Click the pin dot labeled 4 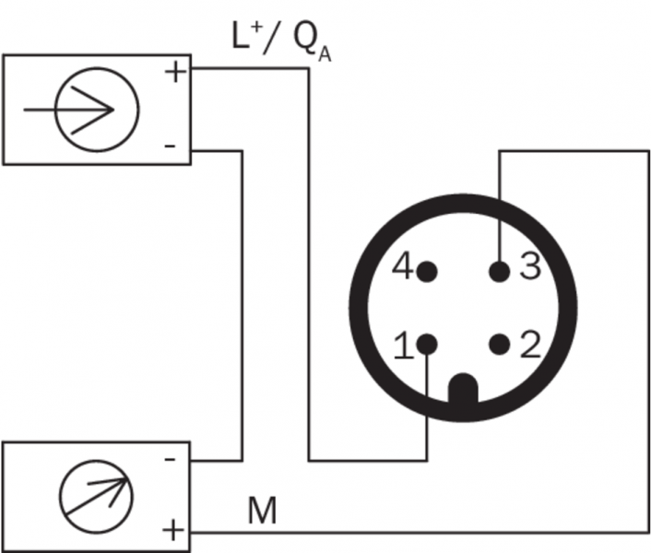[x=426, y=271]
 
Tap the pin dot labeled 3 [x=499, y=271]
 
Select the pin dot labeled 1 [x=426, y=345]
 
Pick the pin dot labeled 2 [x=499, y=345]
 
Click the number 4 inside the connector [x=401, y=269]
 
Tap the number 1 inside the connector [x=402, y=347]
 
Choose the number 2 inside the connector [x=529, y=347]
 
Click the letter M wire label [x=262, y=512]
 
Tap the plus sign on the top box [x=173, y=72]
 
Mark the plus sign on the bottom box [x=172, y=531]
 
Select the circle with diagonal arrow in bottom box [x=97, y=496]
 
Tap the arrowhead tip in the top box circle [x=113, y=109]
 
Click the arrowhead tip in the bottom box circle [x=128, y=477]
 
